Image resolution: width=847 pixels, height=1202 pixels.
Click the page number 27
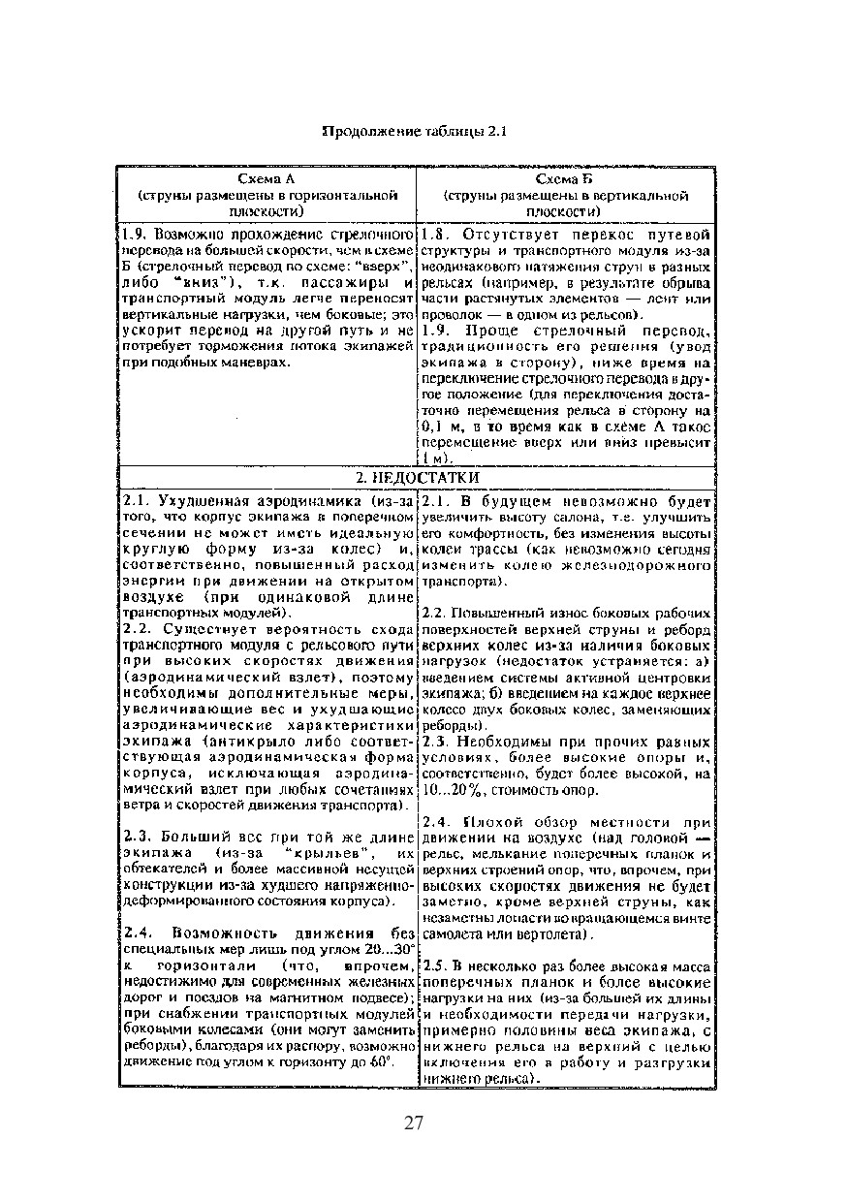[414, 1123]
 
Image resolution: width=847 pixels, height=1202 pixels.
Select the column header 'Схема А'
[267, 180]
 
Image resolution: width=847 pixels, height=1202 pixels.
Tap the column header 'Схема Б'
[566, 180]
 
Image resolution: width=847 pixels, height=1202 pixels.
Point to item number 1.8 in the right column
[433, 235]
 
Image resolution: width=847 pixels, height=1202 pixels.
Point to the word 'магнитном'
[299, 996]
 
